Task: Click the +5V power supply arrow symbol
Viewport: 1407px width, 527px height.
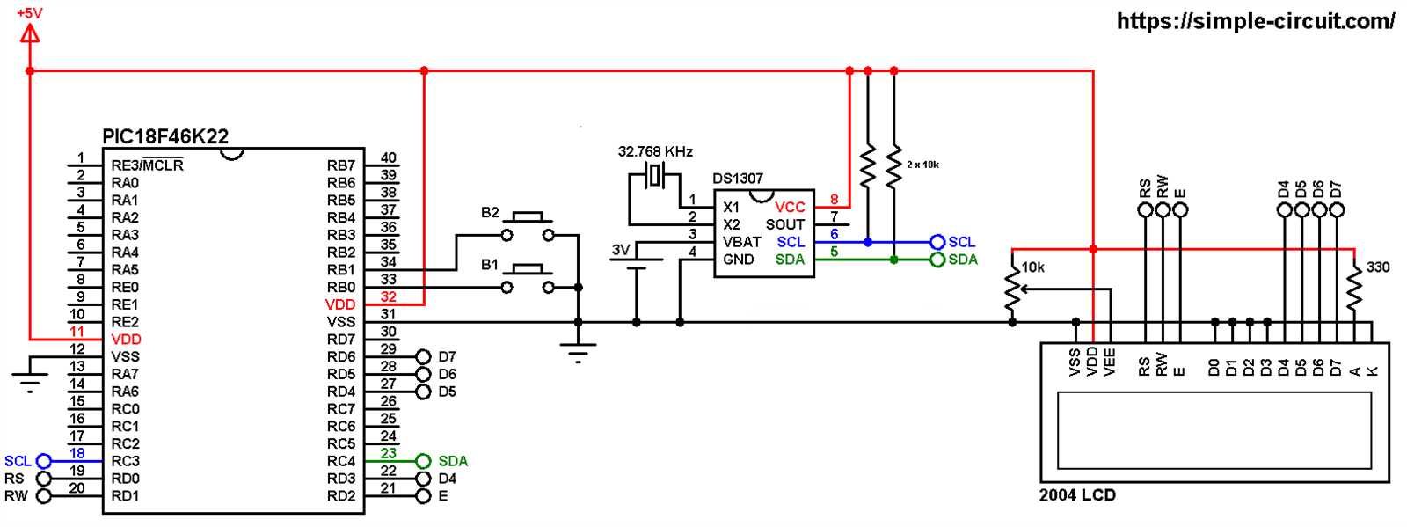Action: coord(30,34)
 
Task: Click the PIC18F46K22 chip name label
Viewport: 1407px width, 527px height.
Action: coord(165,136)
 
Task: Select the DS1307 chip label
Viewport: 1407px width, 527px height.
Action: coord(737,179)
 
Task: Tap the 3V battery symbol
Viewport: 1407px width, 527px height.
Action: coord(636,264)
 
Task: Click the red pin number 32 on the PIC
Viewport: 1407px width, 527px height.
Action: coord(388,297)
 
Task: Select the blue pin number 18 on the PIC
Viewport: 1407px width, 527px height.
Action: coord(77,454)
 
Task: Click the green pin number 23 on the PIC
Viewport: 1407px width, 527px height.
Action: coord(388,454)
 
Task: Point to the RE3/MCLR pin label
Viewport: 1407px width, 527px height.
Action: coord(147,165)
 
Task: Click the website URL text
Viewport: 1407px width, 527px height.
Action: coord(1255,21)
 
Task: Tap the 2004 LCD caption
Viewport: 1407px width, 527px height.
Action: coord(1077,495)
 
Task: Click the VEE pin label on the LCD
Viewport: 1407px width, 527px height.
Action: coord(1110,362)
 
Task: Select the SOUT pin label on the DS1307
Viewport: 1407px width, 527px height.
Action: coord(784,224)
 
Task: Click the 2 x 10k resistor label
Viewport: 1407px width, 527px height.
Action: coord(922,165)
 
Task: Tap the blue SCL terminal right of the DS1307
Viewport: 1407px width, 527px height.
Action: coord(937,242)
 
